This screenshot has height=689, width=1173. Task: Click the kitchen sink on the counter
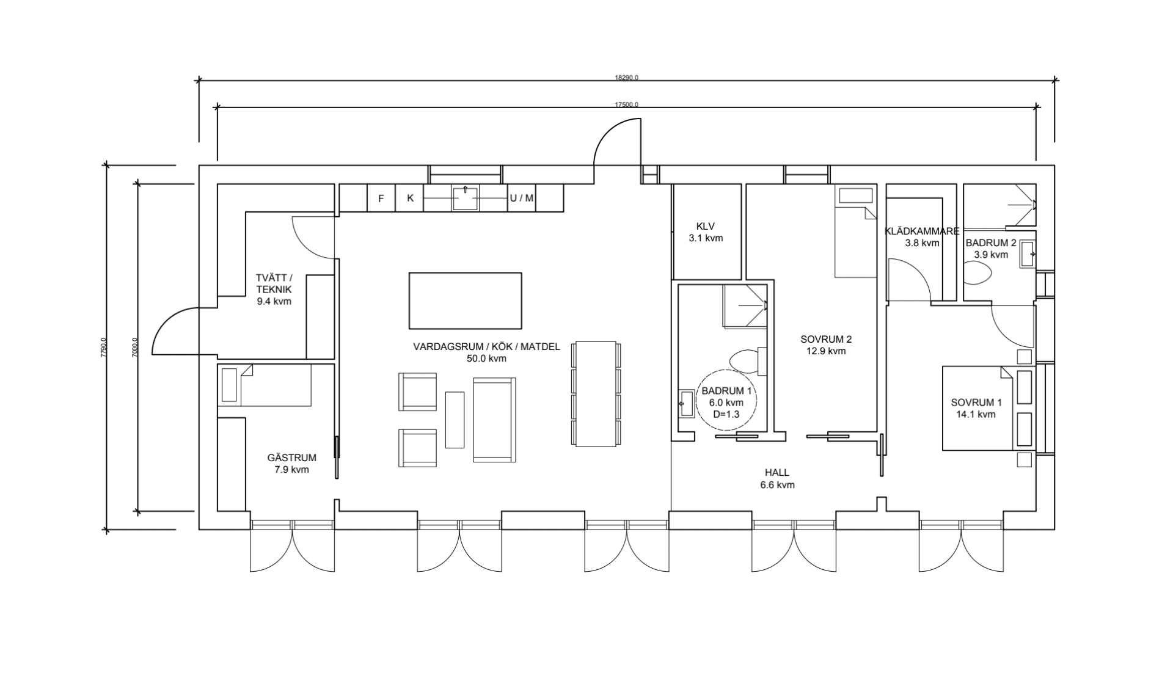(x=464, y=198)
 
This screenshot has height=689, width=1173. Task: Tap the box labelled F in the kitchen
(x=381, y=199)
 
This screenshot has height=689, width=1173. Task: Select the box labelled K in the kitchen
(x=410, y=198)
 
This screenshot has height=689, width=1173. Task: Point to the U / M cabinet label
(x=521, y=198)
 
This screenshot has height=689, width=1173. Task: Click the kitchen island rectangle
(x=465, y=301)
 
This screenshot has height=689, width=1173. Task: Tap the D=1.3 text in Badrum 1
(x=726, y=414)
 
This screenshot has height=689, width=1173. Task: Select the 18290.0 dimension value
(x=626, y=78)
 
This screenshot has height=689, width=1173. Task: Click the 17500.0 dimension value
(x=626, y=104)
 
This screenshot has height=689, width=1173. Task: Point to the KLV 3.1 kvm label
(x=706, y=231)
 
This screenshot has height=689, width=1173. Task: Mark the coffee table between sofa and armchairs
(x=455, y=420)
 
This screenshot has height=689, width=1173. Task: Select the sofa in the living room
(x=494, y=419)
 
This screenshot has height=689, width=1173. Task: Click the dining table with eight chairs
(x=595, y=394)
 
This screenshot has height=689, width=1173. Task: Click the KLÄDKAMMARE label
(x=922, y=231)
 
